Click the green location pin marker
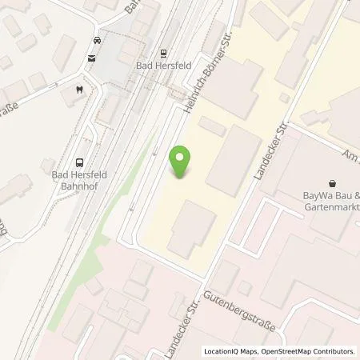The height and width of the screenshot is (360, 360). coord(182,162)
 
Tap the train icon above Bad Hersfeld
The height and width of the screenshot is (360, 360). coord(164,54)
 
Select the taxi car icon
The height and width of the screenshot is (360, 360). coord(97,39)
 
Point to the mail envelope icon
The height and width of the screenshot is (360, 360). coord(92,58)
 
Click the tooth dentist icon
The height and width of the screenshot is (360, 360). coord(79,90)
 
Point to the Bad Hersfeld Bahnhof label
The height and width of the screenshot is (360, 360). coord(79,180)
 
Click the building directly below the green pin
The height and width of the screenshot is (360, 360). coord(191,227)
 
